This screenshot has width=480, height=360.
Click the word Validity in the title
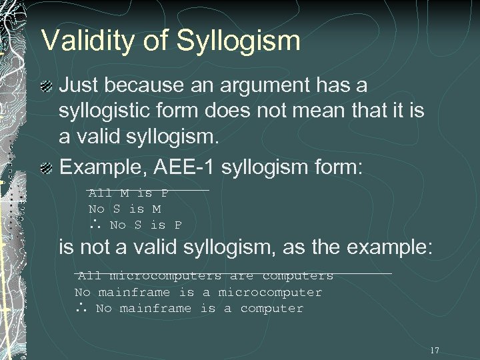(x=82, y=41)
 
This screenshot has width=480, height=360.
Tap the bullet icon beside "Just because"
(x=46, y=86)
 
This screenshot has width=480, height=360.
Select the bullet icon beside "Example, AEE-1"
(x=46, y=167)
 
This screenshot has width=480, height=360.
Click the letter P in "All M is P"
(x=164, y=193)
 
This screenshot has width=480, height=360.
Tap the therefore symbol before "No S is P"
(x=93, y=225)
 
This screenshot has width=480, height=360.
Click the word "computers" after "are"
(x=297, y=275)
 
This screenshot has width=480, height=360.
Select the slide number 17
(x=435, y=351)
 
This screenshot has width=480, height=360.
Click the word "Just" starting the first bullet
(x=81, y=85)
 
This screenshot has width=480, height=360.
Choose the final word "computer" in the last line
(x=271, y=309)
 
